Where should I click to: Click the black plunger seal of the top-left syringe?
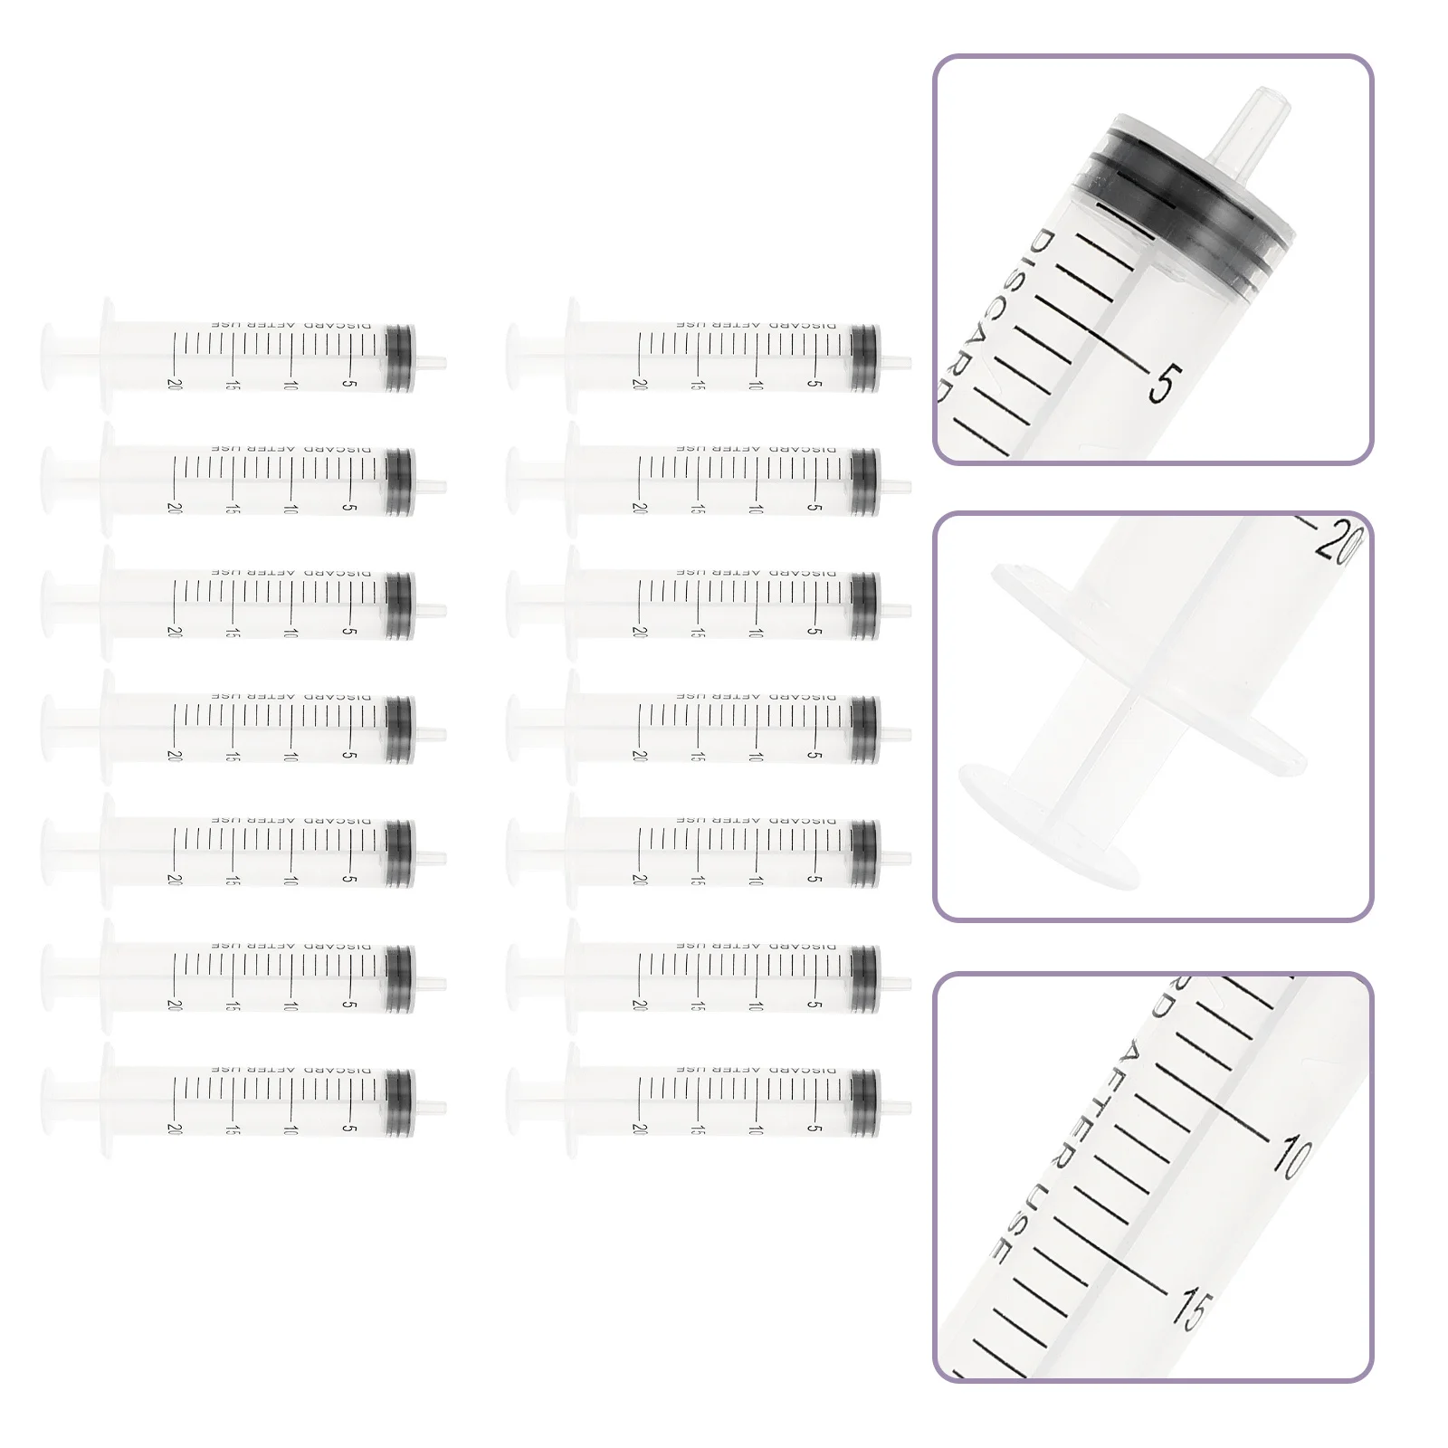tap(399, 357)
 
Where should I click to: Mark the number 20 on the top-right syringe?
tap(641, 384)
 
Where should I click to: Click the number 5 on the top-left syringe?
tap(351, 384)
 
